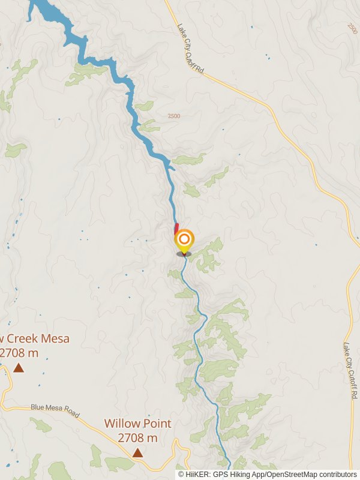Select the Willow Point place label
(137, 423)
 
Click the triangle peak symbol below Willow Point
(137, 453)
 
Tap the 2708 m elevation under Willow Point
(137, 438)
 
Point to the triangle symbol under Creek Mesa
(19, 367)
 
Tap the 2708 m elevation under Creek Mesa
(18, 353)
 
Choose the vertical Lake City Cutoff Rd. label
(349, 371)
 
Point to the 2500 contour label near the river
(174, 116)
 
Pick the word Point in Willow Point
(157, 423)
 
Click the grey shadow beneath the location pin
(184, 254)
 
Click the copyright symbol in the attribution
(181, 475)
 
